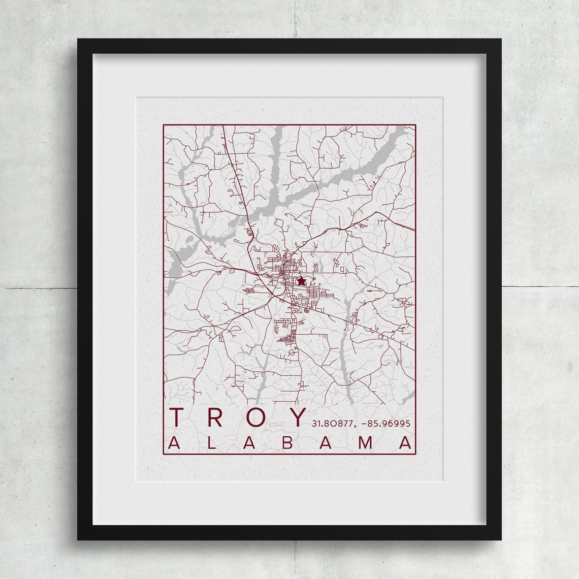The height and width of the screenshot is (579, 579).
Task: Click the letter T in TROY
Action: click(177, 417)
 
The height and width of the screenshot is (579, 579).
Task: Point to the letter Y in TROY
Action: click(297, 417)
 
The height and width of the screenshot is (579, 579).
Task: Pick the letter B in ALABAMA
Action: click(287, 443)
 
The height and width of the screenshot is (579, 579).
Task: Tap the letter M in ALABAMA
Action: click(367, 443)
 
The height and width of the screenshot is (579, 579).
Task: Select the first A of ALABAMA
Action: click(174, 443)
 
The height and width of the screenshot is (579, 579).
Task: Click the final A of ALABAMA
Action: click(406, 443)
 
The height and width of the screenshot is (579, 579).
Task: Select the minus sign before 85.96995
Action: click(363, 423)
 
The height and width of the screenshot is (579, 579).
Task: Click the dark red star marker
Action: click(301, 280)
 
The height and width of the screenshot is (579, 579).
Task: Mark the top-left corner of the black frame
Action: click(78, 39)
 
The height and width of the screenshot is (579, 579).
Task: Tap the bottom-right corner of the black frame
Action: click(501, 539)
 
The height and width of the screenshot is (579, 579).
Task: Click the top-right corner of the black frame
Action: click(501, 39)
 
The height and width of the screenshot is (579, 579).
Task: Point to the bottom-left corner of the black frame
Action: click(78, 539)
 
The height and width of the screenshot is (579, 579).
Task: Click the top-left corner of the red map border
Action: click(163, 125)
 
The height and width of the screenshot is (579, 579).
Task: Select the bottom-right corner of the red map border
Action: click(415, 454)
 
